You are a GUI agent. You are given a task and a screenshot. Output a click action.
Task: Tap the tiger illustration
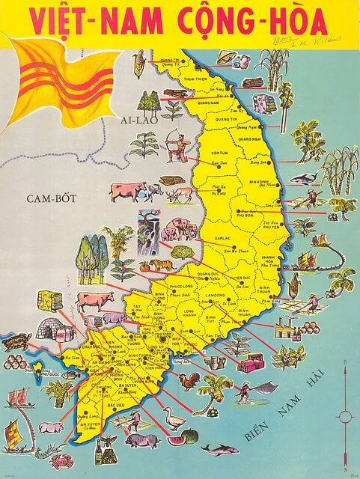pos(163,265)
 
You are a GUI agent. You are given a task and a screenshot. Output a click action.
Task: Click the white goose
pos(174,419)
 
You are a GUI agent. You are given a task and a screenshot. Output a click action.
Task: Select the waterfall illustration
pos(147,228)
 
